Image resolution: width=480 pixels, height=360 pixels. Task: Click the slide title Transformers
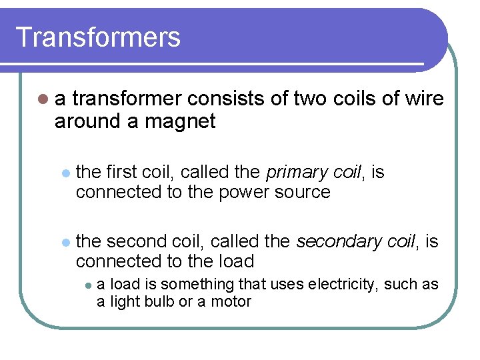point(98,37)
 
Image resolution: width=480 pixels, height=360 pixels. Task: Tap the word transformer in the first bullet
point(127,99)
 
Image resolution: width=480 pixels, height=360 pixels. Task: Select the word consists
point(226,99)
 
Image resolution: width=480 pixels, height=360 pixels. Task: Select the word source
point(304,193)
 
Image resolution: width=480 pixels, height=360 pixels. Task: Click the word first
point(121,173)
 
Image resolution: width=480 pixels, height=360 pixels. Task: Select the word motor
point(231,302)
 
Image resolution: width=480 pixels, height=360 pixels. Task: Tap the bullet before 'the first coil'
point(65,173)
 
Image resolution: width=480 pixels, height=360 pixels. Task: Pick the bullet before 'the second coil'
point(65,242)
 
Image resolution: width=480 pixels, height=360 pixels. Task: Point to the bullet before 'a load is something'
point(87,285)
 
